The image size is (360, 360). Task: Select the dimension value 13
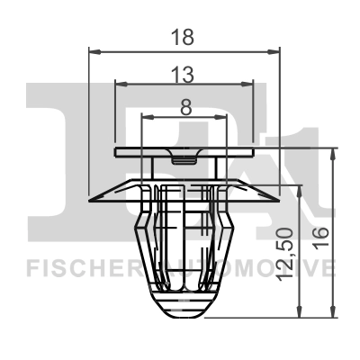click(x=185, y=73)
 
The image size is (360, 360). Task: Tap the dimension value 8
click(x=185, y=105)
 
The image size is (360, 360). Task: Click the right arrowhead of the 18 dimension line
click(x=276, y=52)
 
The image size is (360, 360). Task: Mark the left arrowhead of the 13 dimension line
click(x=121, y=85)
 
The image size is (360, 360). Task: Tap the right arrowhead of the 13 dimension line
click(x=249, y=85)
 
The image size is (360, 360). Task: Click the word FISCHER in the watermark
click(x=68, y=267)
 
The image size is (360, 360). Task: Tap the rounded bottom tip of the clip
click(x=184, y=314)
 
